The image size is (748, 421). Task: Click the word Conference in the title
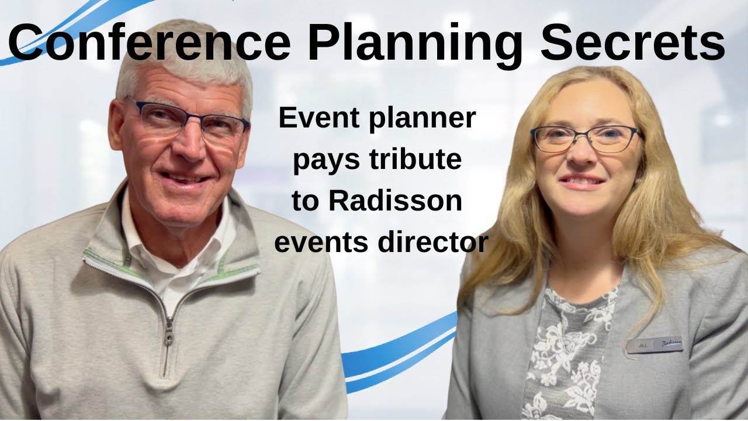click(149, 42)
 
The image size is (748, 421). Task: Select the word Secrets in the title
click(632, 42)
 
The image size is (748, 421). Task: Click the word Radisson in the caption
click(395, 201)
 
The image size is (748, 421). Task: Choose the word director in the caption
click(433, 242)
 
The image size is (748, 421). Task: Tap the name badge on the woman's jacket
click(654, 344)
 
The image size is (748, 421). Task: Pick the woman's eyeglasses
click(584, 139)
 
